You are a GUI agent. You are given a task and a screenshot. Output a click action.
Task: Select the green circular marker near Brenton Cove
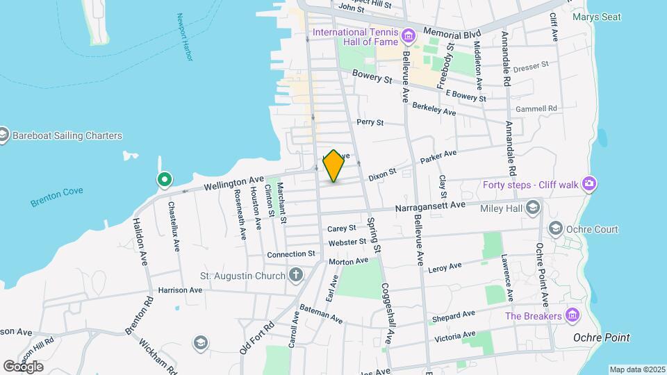click(x=165, y=181)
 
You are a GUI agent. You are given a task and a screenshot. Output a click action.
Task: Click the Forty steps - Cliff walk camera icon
click(x=589, y=184)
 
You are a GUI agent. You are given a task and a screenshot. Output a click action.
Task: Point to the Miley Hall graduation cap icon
click(x=533, y=207)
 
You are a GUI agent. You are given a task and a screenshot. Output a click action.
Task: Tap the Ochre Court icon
click(x=555, y=228)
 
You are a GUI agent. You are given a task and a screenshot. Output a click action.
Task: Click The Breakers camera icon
click(x=572, y=316)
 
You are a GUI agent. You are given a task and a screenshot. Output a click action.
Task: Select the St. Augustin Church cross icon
click(x=296, y=276)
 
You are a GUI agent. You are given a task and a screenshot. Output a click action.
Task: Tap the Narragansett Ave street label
click(x=429, y=206)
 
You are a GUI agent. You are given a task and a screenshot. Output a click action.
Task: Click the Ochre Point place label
click(x=602, y=338)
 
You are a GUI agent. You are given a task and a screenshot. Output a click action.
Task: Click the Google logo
click(x=23, y=367)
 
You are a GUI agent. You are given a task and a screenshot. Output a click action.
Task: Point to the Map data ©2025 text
click(x=636, y=369)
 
